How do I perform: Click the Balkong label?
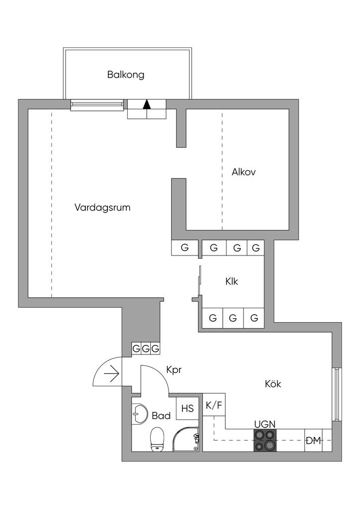[125, 75]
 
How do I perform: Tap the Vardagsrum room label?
[102, 207]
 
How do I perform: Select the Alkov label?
[243, 172]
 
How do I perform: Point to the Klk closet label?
[231, 281]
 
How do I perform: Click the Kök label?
[273, 384]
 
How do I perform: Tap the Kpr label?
[173, 370]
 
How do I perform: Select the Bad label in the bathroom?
[161, 415]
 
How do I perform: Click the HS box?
[187, 409]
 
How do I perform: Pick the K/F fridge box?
[214, 406]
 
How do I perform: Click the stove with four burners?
[265, 440]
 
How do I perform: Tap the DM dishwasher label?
[313, 440]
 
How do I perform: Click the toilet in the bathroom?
[157, 439]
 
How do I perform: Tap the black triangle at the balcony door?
[146, 104]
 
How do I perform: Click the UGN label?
[265, 424]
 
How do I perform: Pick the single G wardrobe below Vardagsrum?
[185, 248]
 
